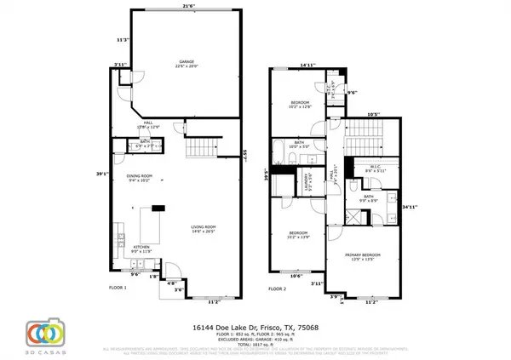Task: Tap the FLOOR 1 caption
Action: tap(115, 288)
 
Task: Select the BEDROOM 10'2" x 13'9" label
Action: tap(298, 234)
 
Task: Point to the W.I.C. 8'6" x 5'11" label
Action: tap(376, 169)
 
